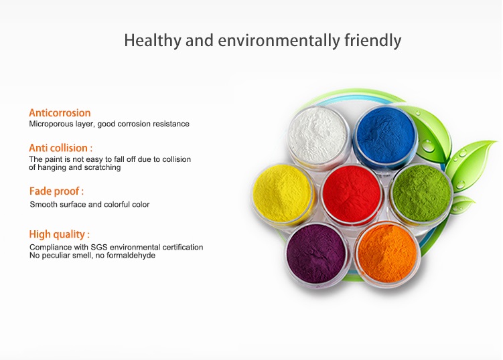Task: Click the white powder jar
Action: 318,137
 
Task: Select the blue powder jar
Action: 385,137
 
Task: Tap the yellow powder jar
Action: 282,193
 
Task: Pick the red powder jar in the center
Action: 352,194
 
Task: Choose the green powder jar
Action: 421,193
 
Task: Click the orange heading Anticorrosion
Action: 60,113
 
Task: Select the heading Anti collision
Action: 61,148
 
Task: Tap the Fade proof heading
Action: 56,191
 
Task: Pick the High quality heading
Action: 60,234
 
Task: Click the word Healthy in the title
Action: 153,41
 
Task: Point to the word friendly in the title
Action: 373,41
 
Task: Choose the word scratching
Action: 102,167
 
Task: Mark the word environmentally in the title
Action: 279,41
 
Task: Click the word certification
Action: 183,247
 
